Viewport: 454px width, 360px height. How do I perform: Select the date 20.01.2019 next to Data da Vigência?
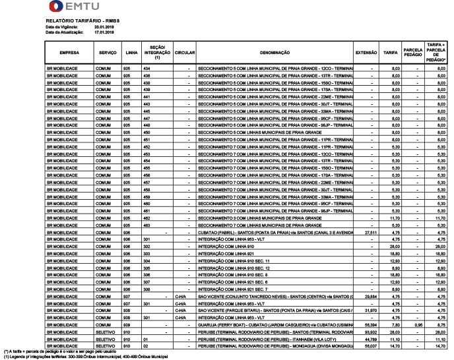[x=105, y=26]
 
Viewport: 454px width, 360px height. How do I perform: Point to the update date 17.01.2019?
[x=105, y=31]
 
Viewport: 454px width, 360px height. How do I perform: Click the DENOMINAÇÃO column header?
[x=275, y=52]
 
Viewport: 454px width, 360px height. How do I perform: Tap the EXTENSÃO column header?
[x=366, y=52]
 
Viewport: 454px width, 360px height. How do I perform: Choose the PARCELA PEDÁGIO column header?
[x=412, y=52]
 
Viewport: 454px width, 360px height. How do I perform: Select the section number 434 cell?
[x=146, y=69]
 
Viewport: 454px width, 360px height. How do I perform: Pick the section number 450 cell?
[x=146, y=133]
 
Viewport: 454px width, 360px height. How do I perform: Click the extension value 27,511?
[x=370, y=232]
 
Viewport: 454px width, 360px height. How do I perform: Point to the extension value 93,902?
[x=370, y=332]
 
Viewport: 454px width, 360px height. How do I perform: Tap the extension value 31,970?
[x=370, y=311]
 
